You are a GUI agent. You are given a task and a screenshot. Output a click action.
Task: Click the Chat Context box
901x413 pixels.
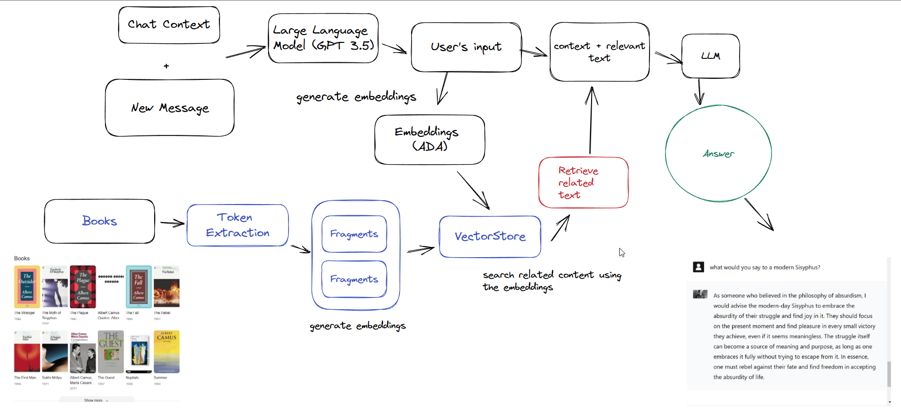point(169,25)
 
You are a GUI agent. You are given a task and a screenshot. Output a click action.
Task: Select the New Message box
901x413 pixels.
point(170,108)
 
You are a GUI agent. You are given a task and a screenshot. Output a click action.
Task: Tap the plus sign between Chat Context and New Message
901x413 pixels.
point(166,66)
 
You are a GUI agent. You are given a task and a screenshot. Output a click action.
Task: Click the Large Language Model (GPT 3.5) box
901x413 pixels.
point(323,38)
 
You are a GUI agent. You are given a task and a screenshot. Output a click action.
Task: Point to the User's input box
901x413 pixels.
point(466,47)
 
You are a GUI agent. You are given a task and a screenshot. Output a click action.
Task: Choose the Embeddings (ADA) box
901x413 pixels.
point(429,139)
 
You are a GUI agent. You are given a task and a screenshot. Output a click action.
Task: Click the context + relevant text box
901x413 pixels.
point(599,52)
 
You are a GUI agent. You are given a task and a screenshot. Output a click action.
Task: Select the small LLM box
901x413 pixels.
point(710,56)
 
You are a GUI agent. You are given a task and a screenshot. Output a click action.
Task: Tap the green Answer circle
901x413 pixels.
point(718,153)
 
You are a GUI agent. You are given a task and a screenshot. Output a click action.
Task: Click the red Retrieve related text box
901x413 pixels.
point(583,183)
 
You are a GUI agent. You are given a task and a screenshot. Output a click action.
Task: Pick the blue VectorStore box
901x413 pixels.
point(490,237)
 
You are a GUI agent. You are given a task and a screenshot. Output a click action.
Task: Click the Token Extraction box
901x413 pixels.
point(237,225)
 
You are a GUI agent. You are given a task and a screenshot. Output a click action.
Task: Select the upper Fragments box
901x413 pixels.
point(354,234)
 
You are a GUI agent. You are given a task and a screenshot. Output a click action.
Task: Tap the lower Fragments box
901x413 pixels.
point(354,279)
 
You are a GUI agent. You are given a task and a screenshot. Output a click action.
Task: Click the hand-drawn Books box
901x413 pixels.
point(99,221)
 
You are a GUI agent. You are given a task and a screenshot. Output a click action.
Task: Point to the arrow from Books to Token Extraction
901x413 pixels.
point(172,224)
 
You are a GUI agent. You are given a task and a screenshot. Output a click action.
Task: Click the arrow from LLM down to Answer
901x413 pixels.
point(699,92)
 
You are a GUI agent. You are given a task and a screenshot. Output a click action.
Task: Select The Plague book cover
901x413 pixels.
point(83,286)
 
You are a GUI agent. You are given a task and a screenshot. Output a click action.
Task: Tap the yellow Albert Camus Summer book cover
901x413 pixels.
point(166,352)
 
